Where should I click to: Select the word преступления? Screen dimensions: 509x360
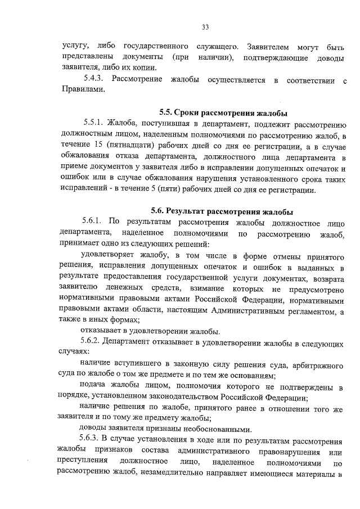[x=80, y=462]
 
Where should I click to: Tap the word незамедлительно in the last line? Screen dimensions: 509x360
[x=181, y=473]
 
